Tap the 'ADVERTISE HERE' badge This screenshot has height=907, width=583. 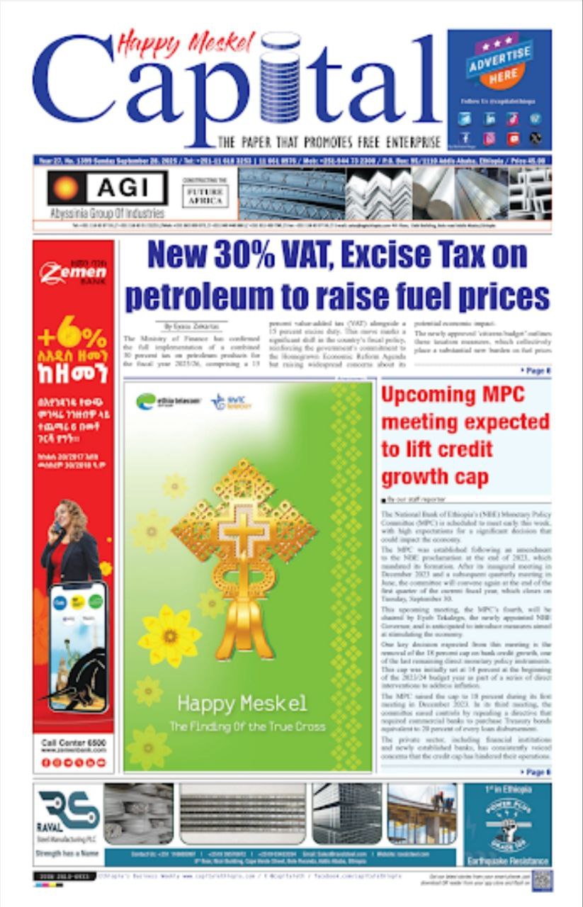pos(499,63)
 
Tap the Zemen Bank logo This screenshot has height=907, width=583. pos(73,272)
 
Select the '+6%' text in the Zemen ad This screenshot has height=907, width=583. pos(73,337)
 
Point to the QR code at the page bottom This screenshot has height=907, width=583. pos(542,881)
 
